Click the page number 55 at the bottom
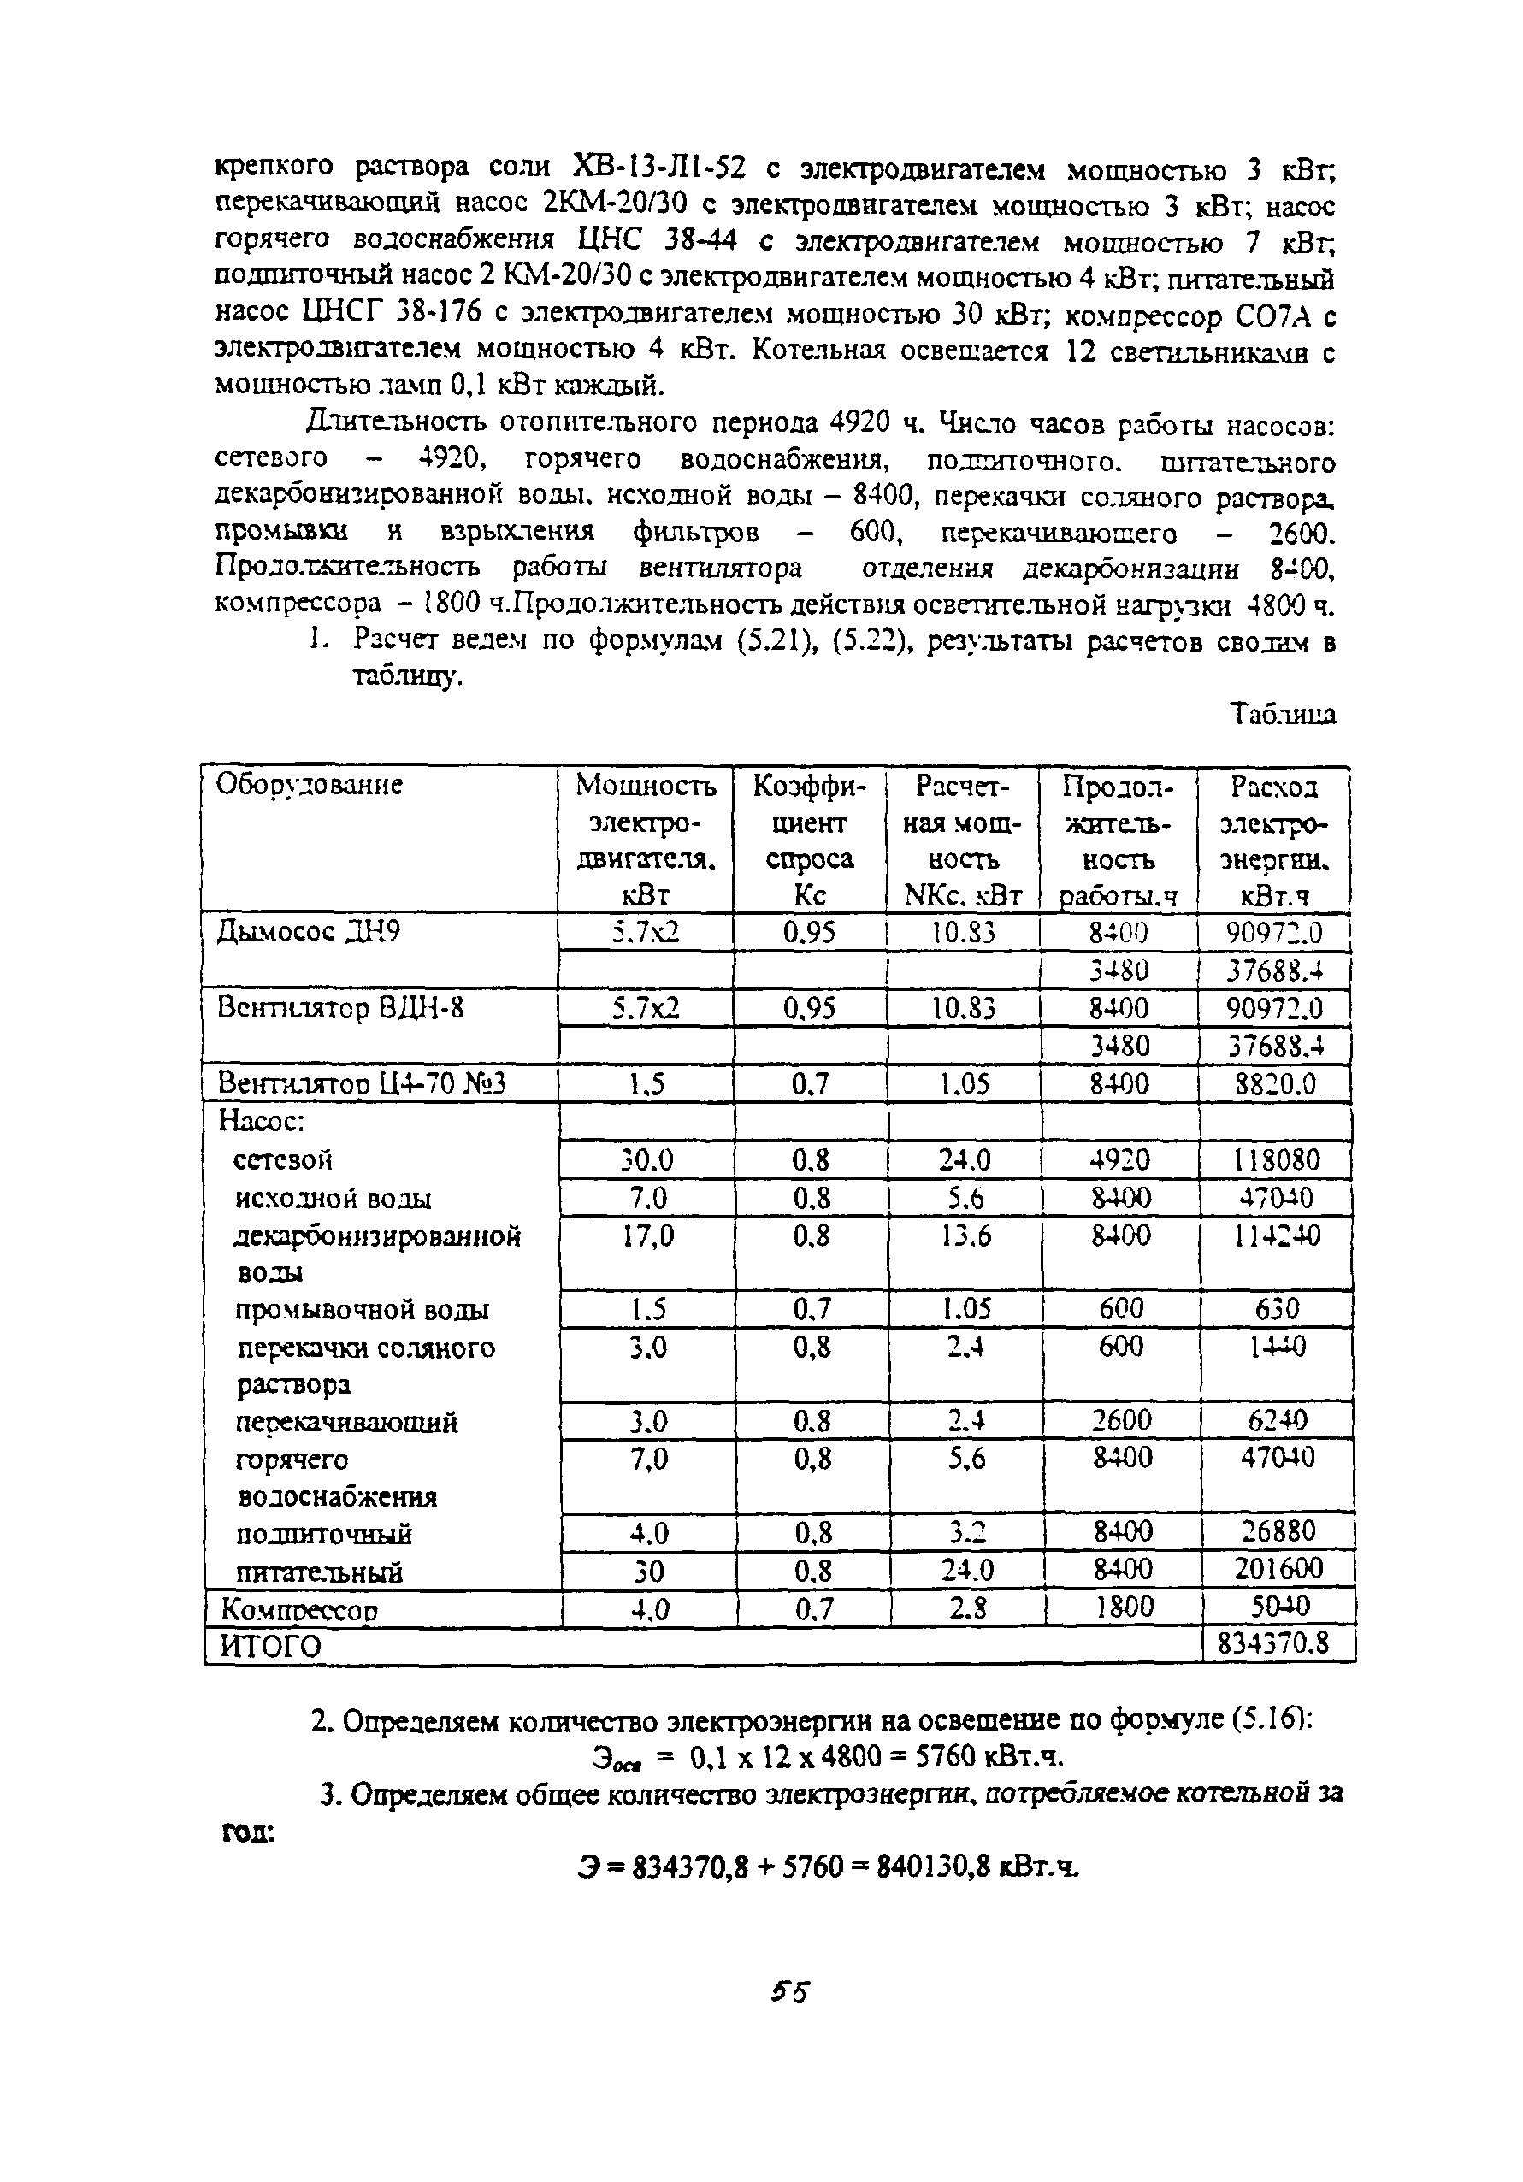pyautogui.click(x=789, y=1991)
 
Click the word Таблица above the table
pyautogui.click(x=1283, y=714)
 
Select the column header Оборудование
pyautogui.click(x=309, y=785)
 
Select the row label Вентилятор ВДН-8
pyautogui.click(x=340, y=1007)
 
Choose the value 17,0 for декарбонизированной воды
pyautogui.click(x=647, y=1236)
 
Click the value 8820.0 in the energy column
pyautogui.click(x=1273, y=1084)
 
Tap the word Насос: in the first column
pyautogui.click(x=262, y=1122)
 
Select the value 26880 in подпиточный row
pyautogui.click(x=1276, y=1531)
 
